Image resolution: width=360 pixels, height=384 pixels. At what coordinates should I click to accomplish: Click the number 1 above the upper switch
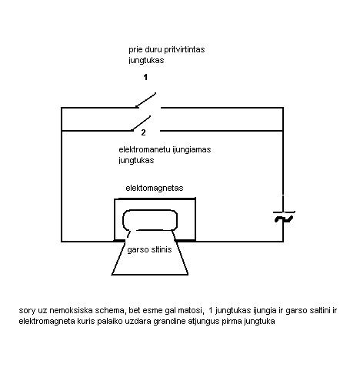click(145, 77)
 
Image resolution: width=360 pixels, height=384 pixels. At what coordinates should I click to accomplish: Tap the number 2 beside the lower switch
click(143, 132)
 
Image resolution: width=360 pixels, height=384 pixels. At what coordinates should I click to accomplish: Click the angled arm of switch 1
click(145, 100)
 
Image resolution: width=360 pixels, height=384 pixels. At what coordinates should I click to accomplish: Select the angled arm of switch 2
click(141, 123)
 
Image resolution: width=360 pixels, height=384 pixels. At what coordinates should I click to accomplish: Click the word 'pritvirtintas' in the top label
click(185, 49)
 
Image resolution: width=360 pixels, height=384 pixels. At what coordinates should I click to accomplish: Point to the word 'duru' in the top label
click(153, 49)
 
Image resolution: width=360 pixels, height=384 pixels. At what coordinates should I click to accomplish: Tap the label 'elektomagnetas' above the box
click(155, 188)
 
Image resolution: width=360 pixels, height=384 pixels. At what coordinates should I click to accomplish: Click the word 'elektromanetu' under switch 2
click(145, 149)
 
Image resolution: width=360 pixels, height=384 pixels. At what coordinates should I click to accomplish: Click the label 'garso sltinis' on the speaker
click(149, 249)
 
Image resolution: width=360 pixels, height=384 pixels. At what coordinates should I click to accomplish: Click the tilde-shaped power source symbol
click(284, 219)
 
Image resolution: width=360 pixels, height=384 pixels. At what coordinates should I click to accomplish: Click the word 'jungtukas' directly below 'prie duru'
click(146, 60)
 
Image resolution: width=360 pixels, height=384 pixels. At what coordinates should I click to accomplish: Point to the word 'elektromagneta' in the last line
click(47, 321)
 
